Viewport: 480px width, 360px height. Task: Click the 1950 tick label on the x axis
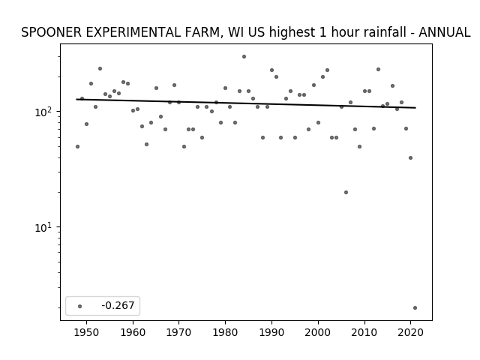tap(87, 333)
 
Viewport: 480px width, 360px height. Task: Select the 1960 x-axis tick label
tap(133, 333)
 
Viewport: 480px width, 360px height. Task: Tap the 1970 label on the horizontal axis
tap(179, 333)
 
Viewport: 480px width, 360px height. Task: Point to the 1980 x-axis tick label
tap(225, 333)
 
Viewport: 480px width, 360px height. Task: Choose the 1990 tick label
tap(271, 333)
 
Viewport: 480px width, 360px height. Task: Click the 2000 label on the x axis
tap(318, 333)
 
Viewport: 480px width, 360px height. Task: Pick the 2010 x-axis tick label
tap(364, 333)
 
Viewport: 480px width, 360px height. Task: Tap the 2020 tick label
tap(410, 333)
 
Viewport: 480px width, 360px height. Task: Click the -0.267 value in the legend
tap(118, 305)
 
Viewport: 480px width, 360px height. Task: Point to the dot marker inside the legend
tap(80, 306)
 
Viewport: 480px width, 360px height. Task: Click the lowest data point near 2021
tap(415, 308)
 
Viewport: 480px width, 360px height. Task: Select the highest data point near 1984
tap(244, 57)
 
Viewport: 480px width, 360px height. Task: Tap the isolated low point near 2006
tap(346, 192)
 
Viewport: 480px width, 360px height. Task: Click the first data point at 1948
tap(77, 147)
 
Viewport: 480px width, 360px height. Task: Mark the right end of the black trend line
tap(415, 108)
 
